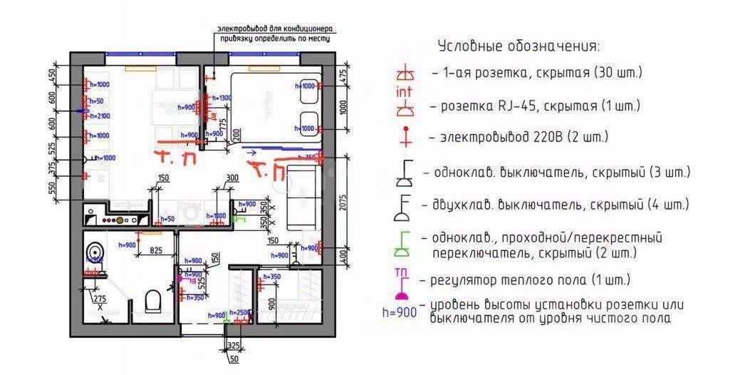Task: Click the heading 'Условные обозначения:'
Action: point(518,46)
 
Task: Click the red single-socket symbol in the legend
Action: point(405,73)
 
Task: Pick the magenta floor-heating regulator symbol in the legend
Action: point(402,285)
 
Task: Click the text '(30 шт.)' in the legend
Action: point(617,73)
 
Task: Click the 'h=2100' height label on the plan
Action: point(98,116)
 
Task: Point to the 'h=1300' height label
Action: point(221,98)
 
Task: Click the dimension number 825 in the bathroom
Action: point(159,251)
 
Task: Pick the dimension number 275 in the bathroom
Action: point(100,299)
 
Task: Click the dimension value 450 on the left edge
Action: point(51,76)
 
